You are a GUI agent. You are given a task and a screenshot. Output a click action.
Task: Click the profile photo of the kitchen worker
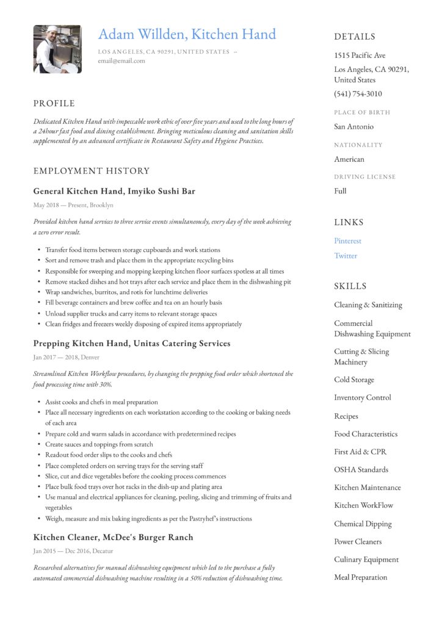(57, 49)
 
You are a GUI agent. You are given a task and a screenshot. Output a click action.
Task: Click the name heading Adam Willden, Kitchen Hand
(187, 34)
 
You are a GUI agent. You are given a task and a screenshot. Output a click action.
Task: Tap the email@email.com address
(121, 61)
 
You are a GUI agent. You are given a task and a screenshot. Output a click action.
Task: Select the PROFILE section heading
(54, 103)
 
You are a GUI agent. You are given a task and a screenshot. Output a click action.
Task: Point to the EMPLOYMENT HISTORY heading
(92, 171)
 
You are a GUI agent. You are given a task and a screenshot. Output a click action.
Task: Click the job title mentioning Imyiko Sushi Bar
(114, 191)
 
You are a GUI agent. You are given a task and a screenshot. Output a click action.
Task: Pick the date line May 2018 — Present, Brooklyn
(73, 205)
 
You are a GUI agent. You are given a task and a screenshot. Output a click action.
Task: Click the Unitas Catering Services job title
(132, 344)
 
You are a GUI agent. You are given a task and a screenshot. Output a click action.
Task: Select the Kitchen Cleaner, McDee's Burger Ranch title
(113, 537)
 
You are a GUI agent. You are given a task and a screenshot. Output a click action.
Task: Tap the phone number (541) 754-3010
(358, 94)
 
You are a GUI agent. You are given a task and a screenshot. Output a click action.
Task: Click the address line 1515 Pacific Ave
(360, 56)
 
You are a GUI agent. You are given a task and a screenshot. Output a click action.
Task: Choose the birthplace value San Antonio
(353, 127)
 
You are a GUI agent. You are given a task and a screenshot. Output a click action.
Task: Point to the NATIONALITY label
(358, 145)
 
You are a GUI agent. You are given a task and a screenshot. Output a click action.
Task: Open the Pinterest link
(347, 241)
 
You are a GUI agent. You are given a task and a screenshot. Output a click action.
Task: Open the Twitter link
(346, 256)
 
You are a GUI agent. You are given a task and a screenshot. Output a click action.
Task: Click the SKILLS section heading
(350, 286)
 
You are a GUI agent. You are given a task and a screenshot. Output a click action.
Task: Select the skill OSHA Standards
(361, 470)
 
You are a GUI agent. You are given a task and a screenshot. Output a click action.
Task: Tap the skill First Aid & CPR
(360, 452)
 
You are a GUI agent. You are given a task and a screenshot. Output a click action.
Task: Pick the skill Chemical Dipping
(363, 524)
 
